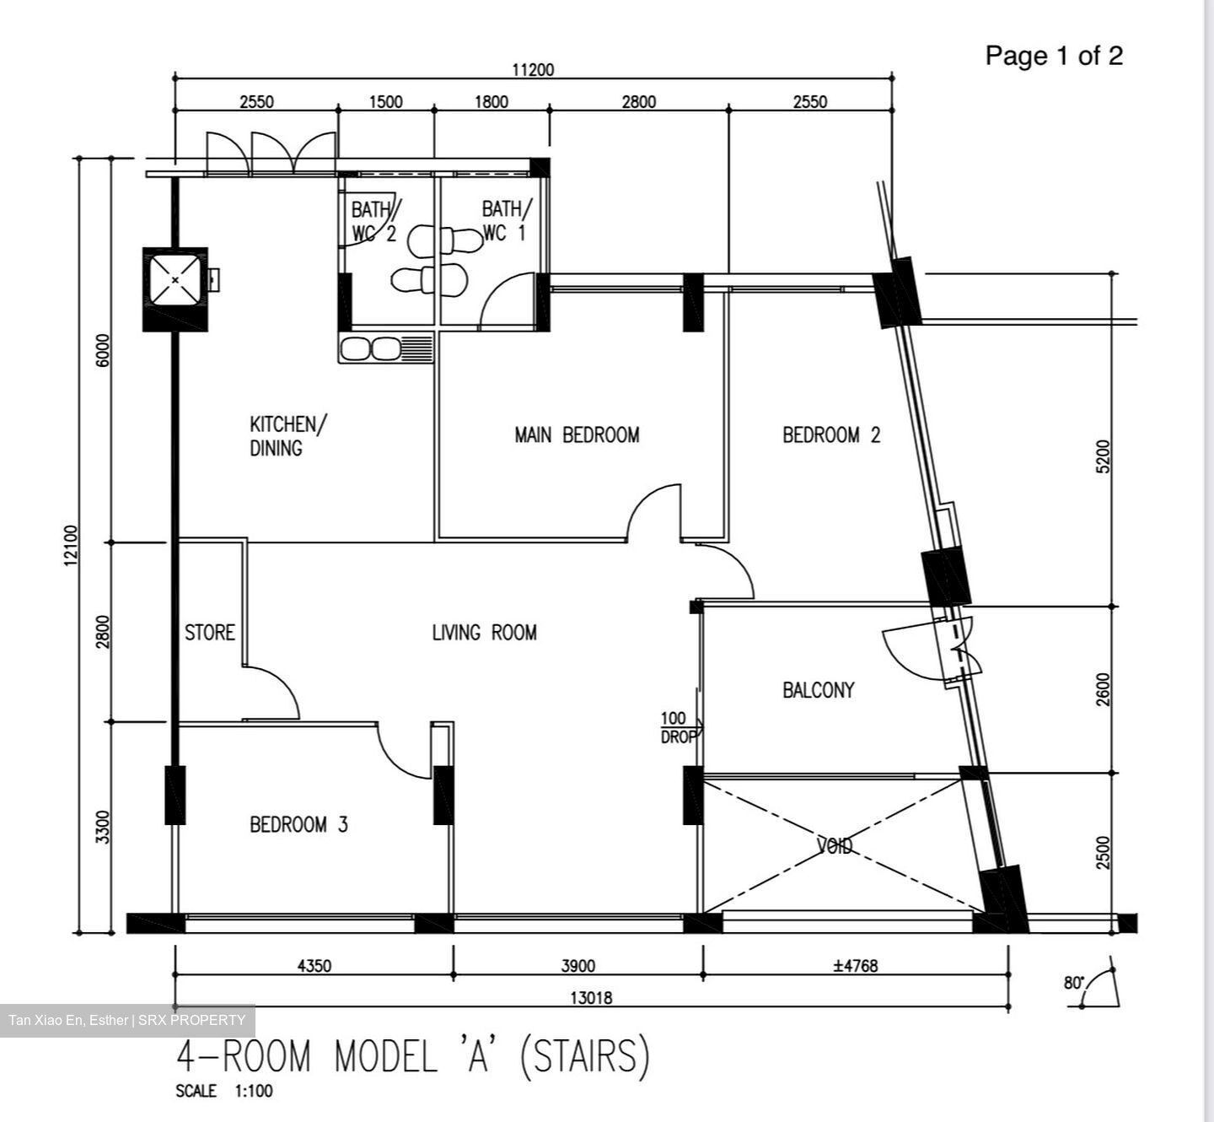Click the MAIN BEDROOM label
click(577, 435)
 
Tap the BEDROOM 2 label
click(831, 435)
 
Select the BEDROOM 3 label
click(298, 825)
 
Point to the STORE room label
click(210, 632)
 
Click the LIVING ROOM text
click(484, 632)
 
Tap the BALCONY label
click(819, 690)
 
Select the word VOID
click(835, 845)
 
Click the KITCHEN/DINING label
click(288, 435)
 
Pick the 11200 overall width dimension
click(533, 70)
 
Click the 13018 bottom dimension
click(591, 998)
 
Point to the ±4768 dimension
click(855, 965)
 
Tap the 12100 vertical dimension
click(72, 545)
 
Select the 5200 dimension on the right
click(1103, 456)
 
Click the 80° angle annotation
click(1074, 983)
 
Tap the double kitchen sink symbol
click(386, 348)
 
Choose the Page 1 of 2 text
click(1054, 56)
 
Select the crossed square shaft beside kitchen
click(175, 280)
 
